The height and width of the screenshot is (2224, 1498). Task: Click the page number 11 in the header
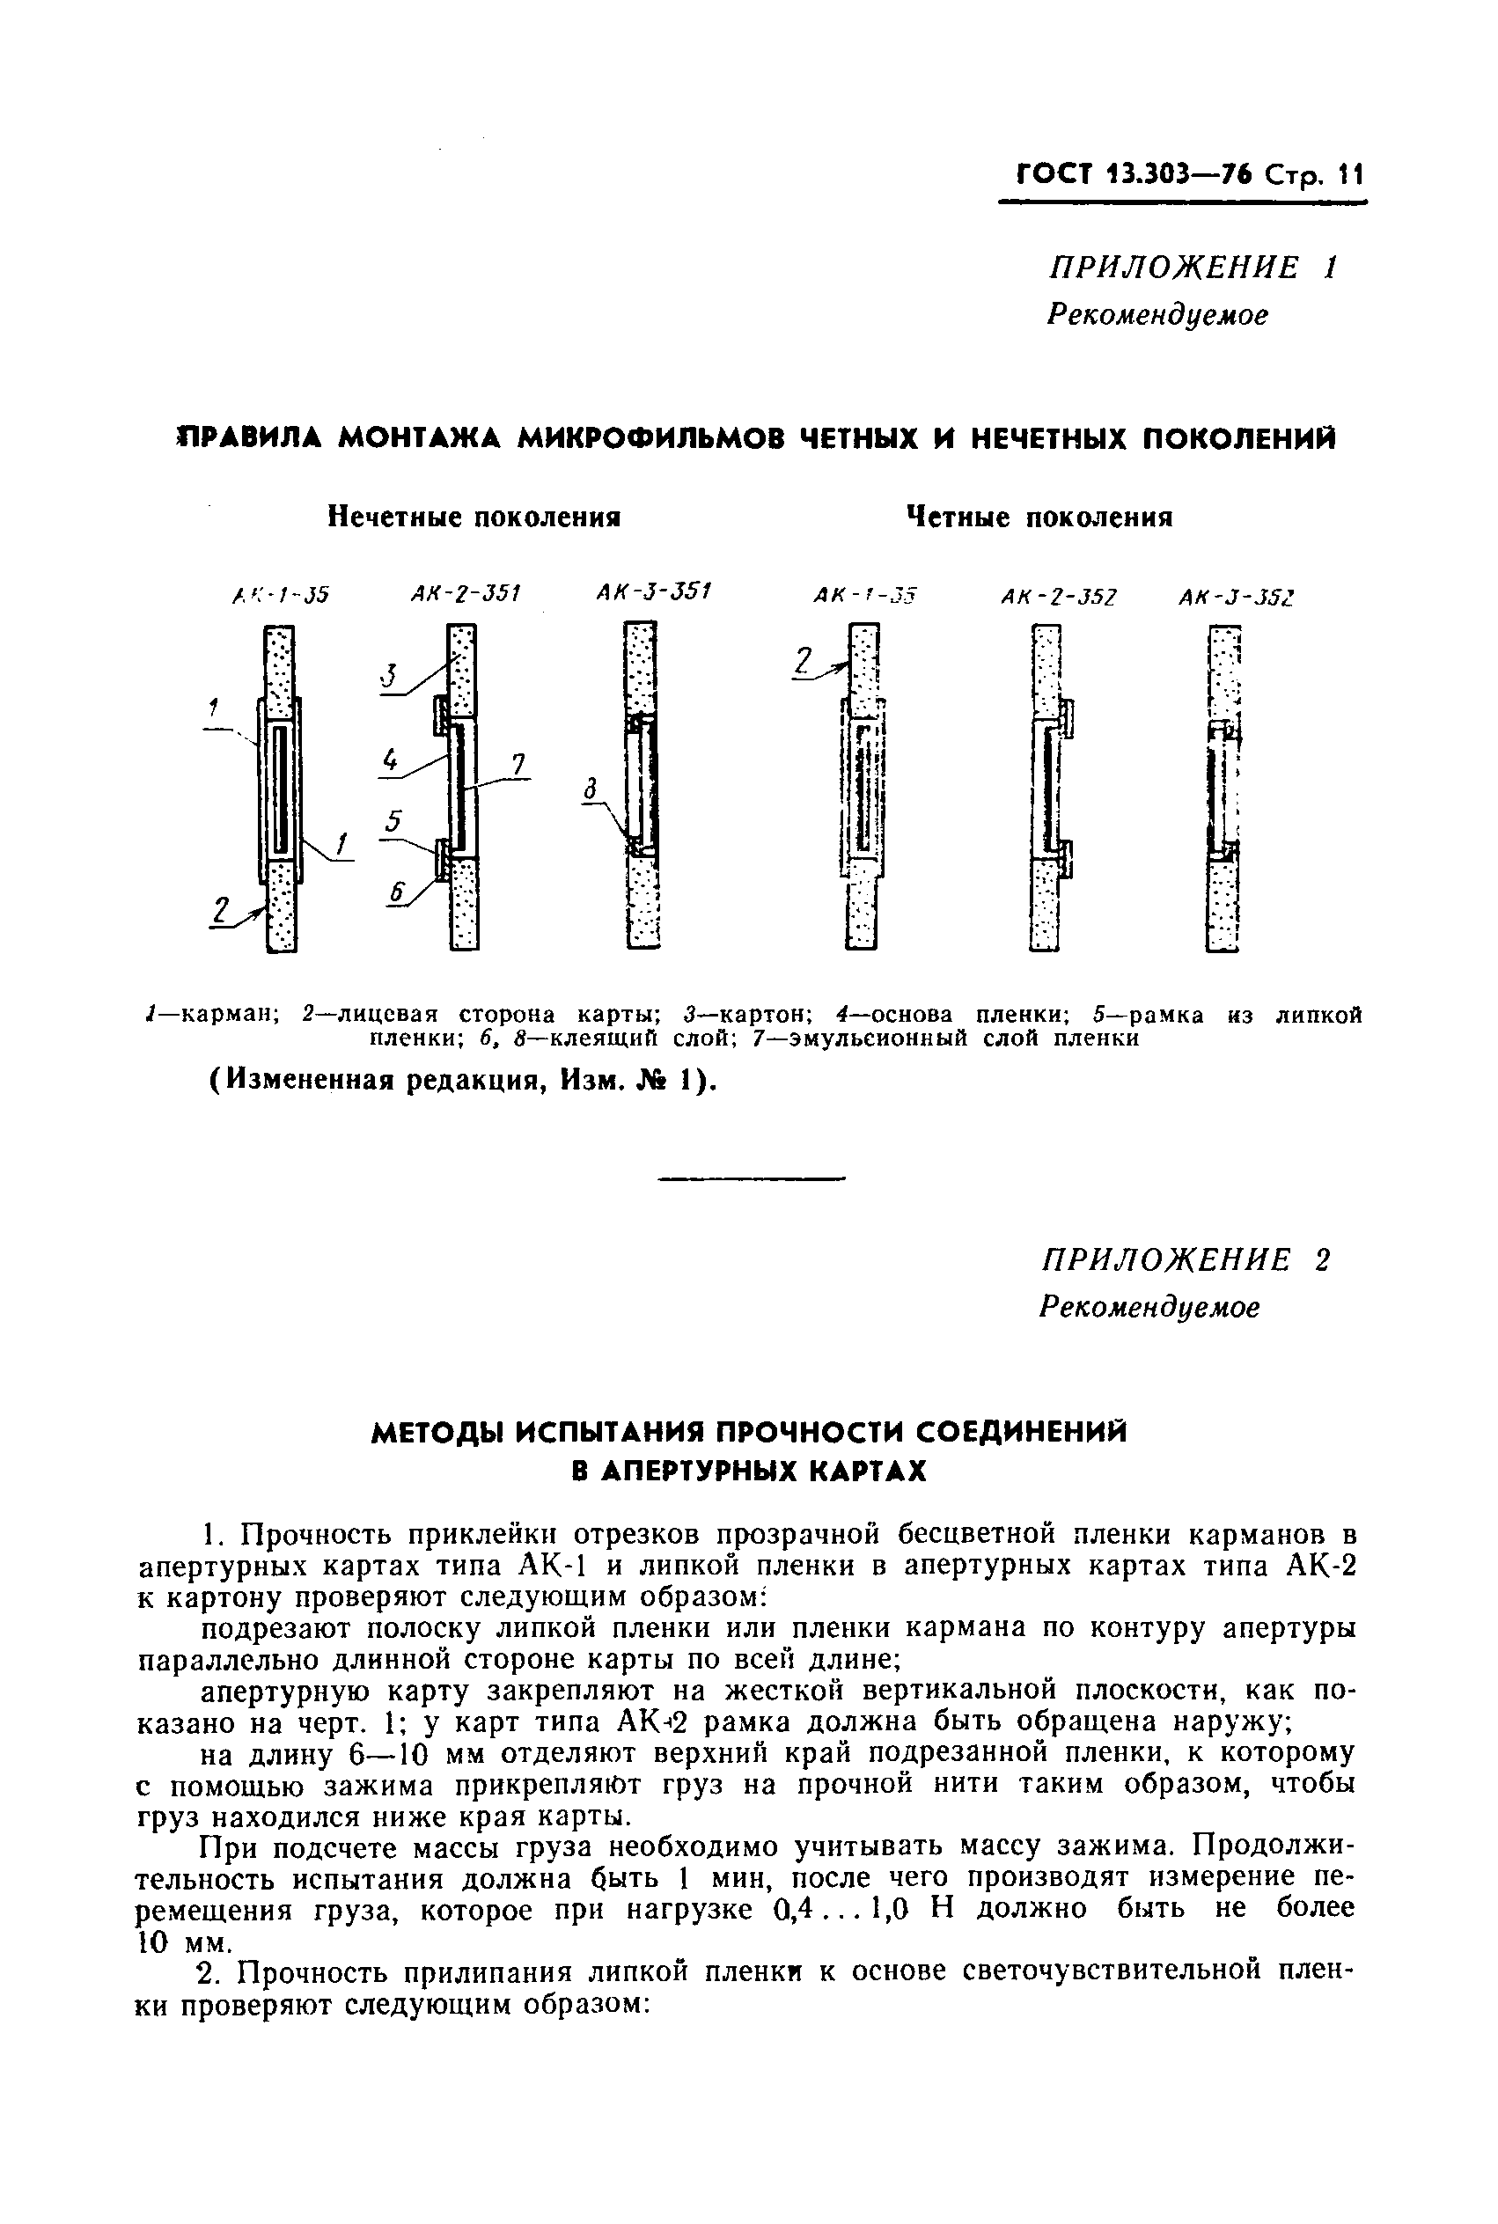tap(1351, 175)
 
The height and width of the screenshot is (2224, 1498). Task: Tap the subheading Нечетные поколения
tap(474, 517)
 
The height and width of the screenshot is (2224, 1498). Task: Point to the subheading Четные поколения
tap(1039, 517)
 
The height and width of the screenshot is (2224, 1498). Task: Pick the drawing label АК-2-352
tap(1059, 597)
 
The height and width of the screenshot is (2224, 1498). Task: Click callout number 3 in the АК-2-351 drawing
tap(389, 675)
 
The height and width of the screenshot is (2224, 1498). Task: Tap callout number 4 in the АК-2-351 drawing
tap(390, 760)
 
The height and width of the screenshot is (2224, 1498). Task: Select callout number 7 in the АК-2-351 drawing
tap(518, 764)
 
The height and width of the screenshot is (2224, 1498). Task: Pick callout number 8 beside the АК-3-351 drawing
tap(591, 789)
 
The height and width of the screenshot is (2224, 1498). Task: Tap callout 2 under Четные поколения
tap(804, 661)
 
